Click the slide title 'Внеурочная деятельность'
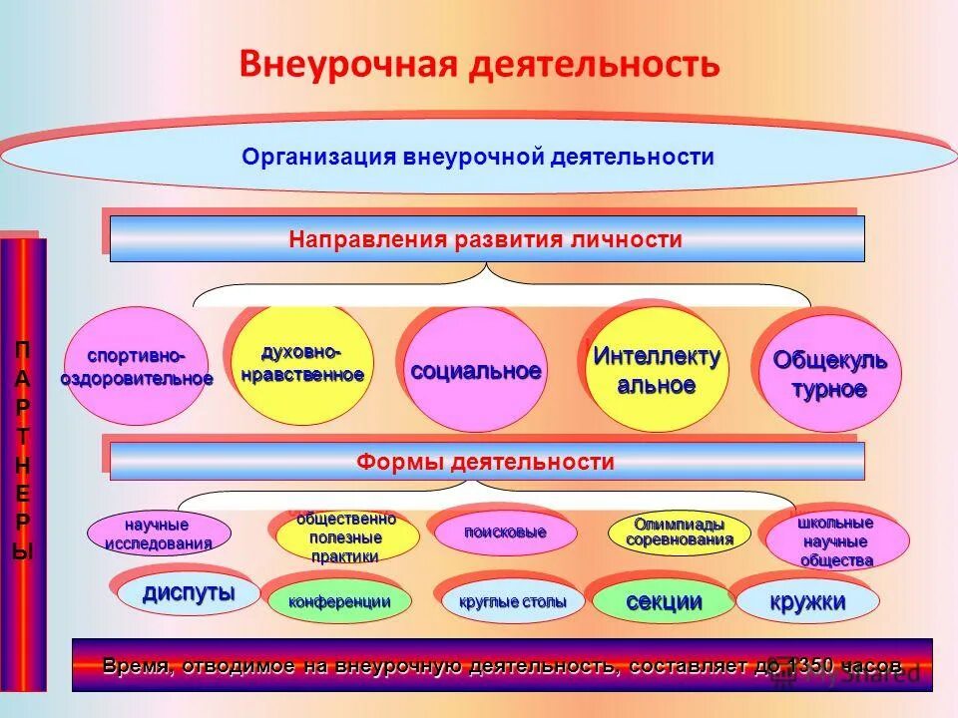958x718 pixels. coord(478,65)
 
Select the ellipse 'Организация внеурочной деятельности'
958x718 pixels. coord(478,158)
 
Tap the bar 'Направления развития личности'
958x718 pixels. coord(486,239)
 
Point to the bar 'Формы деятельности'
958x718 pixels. coord(486,462)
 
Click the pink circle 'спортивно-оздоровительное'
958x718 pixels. coord(137,366)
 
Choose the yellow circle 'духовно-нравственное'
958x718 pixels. coord(301,364)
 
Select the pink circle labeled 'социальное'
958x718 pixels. coord(476,370)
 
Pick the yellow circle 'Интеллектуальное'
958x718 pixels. coord(656,370)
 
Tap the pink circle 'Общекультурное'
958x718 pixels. coord(829,374)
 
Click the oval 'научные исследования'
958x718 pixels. coord(160,534)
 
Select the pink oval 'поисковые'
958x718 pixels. coord(505,533)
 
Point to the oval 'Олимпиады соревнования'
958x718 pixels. coord(679,533)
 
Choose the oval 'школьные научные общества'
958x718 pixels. coord(836,541)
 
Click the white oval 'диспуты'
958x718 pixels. coord(189,593)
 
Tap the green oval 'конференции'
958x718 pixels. coord(339,601)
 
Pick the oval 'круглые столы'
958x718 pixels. coord(512,601)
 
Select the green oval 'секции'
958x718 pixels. coord(664,601)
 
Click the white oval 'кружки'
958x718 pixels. coord(807,601)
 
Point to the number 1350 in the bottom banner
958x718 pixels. coord(814,666)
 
